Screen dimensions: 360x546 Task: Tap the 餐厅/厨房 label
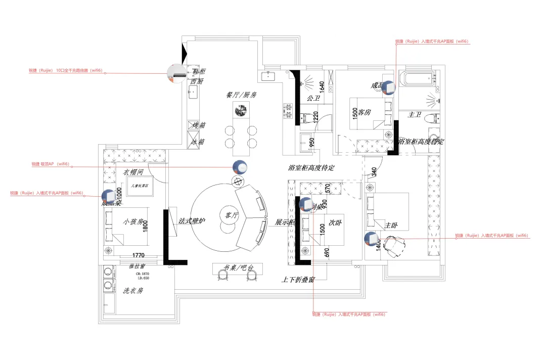coord(242,95)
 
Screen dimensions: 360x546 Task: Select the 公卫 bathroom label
coord(313,99)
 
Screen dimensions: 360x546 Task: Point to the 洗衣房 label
coord(133,291)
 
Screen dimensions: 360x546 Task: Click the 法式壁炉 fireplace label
coord(192,221)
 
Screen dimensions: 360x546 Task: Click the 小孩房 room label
coord(133,221)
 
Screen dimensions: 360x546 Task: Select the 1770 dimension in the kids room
coord(139,255)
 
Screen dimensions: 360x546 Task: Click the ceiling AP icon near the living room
coord(240,167)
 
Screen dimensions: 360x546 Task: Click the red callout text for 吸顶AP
coord(50,164)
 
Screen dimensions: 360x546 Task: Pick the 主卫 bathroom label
coord(415,115)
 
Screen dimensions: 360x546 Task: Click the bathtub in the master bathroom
coord(418,78)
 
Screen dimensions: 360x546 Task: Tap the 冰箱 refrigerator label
coord(198,142)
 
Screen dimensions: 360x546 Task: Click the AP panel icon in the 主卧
coord(371,238)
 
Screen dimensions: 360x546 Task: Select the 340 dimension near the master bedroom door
coord(374,172)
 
